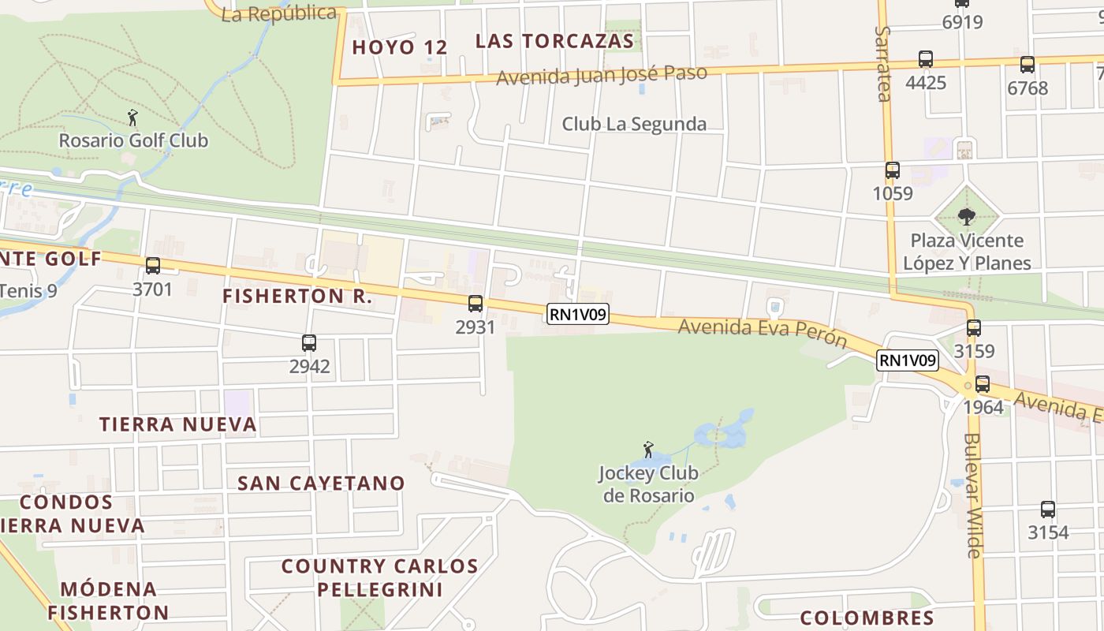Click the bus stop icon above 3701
tap(153, 266)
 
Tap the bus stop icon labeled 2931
tap(476, 304)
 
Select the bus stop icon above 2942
tap(309, 343)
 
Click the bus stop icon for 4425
tap(926, 59)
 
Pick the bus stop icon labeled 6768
tap(1028, 65)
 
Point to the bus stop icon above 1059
tap(893, 170)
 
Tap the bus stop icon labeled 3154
tap(1048, 510)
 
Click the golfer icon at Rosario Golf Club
tap(133, 118)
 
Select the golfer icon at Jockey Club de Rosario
tap(648, 450)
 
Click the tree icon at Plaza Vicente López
tap(967, 216)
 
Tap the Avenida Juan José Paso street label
tap(602, 76)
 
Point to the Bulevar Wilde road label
tap(972, 495)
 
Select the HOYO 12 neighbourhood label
tap(400, 47)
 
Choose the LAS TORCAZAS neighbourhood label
tap(555, 41)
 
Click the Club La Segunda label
tap(634, 124)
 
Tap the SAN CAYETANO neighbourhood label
tap(322, 483)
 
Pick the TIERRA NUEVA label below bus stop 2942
tap(178, 424)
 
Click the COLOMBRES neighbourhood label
tap(867, 618)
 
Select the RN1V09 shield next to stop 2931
tap(579, 315)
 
